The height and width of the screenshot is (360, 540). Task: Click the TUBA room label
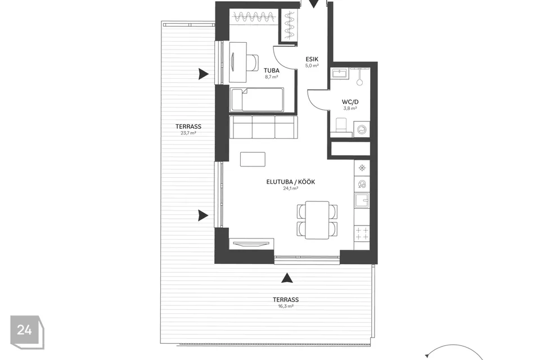tap(271, 71)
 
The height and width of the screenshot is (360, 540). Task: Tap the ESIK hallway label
tap(312, 59)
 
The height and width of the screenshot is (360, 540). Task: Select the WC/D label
tap(350, 102)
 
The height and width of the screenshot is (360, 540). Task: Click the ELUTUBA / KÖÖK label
tap(291, 182)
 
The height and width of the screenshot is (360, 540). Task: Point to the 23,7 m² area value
tap(188, 133)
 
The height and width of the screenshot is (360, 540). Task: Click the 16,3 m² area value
tap(286, 306)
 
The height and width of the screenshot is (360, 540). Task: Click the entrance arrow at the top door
tap(313, 4)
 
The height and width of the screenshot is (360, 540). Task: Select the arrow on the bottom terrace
tap(286, 278)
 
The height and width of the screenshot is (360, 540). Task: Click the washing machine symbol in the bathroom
tap(362, 130)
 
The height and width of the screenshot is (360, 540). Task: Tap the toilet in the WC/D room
tap(341, 125)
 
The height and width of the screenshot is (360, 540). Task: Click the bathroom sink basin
tap(340, 73)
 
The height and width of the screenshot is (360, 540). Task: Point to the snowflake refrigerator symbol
tap(362, 168)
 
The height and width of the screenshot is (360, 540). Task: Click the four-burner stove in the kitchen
tap(362, 233)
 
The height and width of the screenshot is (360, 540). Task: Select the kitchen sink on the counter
tap(362, 200)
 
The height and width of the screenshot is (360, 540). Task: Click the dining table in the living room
tap(317, 220)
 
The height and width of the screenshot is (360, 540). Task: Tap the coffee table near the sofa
tap(253, 159)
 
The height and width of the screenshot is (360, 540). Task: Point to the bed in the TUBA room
tap(257, 100)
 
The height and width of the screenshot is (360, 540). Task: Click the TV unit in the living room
tap(251, 244)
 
